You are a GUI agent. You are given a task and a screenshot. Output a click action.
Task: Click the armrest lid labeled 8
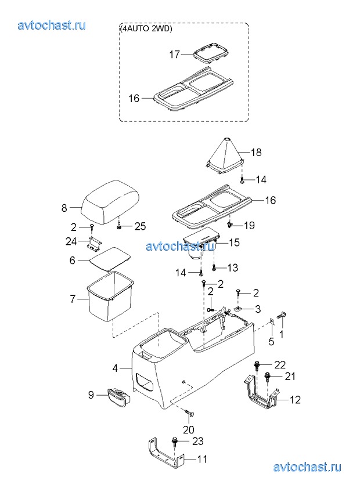coord(110,202)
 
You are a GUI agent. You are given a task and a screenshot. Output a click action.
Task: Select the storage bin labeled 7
coord(109,296)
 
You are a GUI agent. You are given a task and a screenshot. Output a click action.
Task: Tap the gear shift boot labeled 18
coord(224,155)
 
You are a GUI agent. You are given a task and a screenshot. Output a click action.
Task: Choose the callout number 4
coord(115,368)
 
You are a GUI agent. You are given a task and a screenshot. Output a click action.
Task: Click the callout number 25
coord(140,226)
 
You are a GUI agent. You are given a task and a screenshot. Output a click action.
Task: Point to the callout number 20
coord(189,429)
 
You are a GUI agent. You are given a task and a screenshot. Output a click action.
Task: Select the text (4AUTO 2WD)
coord(145,28)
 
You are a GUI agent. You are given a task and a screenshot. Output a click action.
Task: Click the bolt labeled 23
coord(174,443)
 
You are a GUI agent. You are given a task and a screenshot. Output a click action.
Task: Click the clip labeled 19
coord(229,224)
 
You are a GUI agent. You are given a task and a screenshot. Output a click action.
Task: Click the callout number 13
coord(233,267)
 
